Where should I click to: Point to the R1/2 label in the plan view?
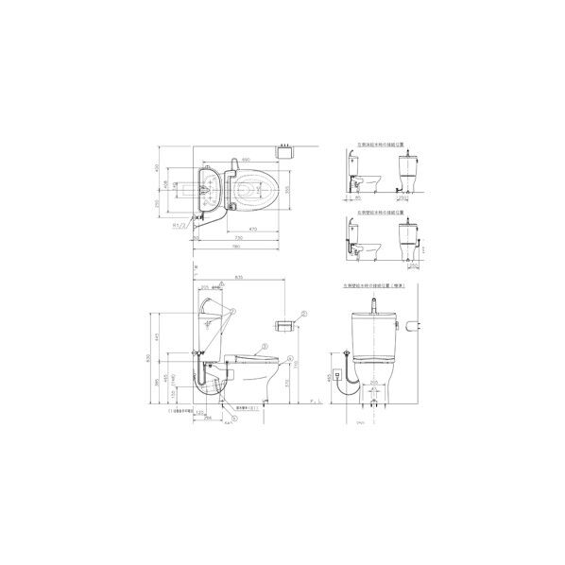pyautogui.click(x=179, y=227)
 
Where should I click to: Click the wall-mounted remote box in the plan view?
pyautogui.click(x=283, y=148)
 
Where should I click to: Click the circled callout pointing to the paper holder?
pyautogui.click(x=304, y=313)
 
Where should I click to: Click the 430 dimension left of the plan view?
pyautogui.click(x=159, y=167)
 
